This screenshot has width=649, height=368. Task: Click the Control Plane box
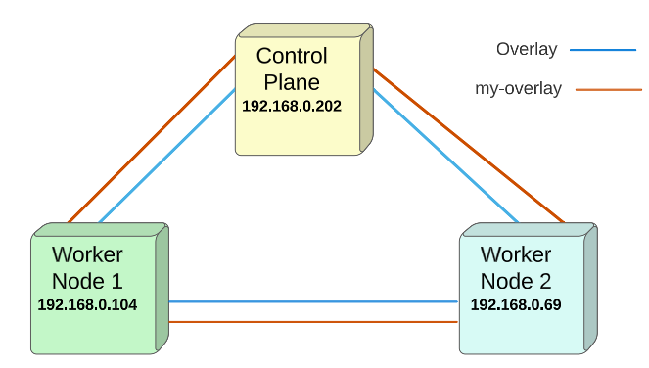[x=304, y=90]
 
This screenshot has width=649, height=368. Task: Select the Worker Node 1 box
[x=100, y=289]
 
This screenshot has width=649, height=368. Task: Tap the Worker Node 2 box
[x=529, y=289]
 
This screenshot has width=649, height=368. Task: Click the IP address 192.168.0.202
[x=292, y=106]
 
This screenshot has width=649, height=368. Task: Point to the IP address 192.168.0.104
[x=87, y=305]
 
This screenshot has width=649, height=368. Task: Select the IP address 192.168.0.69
[x=516, y=305]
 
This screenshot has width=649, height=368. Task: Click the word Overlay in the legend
[x=527, y=49]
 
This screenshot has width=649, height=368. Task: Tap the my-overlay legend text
[x=518, y=89]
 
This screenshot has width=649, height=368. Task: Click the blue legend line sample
[x=603, y=50]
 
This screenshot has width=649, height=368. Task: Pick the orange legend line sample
[x=609, y=89]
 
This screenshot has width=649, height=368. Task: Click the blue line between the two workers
[x=313, y=301]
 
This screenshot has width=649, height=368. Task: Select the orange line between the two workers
[x=313, y=322]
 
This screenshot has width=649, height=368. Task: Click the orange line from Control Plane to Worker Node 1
[x=152, y=139]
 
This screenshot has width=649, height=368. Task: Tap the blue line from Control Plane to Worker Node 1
[x=167, y=156]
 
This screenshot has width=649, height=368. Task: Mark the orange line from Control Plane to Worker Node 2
[x=469, y=146]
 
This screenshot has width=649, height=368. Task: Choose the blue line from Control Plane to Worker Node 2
[x=445, y=156]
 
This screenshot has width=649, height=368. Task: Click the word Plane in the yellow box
[x=292, y=82]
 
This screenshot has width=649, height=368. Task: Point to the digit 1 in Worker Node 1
[x=116, y=282]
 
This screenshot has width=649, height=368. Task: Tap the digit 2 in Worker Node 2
[x=545, y=282]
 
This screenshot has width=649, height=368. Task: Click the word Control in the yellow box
[x=292, y=56]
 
